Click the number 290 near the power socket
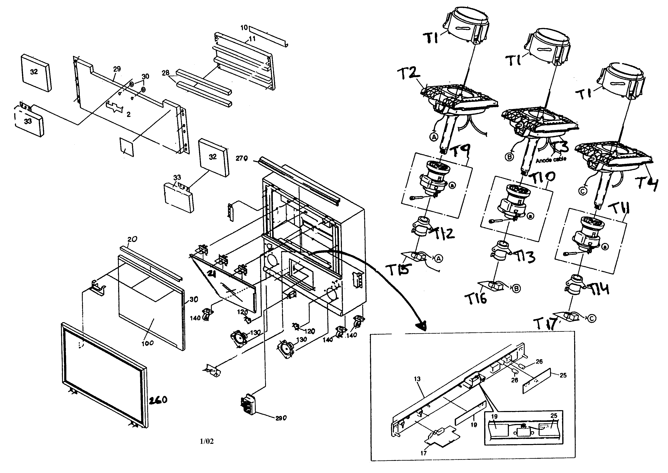tap(281, 418)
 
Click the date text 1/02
tap(206, 441)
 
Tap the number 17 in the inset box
tap(423, 453)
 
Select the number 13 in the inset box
tap(417, 379)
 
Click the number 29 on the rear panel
tap(117, 69)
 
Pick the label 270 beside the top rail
tap(242, 159)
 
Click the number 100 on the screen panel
tap(148, 343)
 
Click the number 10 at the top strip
tap(244, 28)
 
